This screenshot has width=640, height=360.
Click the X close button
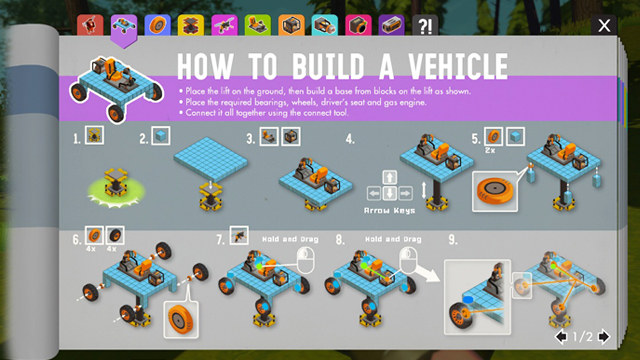point(604,25)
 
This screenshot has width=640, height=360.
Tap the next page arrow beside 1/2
point(604,336)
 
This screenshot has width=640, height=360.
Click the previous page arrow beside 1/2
point(561,336)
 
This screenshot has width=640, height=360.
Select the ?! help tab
point(425,25)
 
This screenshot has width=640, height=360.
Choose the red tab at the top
point(90,25)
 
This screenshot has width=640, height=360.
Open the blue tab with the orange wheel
point(157,25)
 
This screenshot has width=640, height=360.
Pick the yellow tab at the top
point(191,25)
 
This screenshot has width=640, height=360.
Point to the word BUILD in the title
point(328,66)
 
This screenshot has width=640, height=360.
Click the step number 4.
point(350,139)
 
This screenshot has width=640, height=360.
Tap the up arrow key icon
point(389,178)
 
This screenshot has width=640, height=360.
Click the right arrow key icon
point(405,193)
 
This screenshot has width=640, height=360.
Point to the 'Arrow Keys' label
point(389,211)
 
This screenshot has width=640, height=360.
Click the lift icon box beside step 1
point(94,135)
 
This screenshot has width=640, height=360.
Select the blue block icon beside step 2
point(161,136)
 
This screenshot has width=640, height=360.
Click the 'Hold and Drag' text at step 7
point(290,239)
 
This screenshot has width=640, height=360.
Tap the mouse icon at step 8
point(409,260)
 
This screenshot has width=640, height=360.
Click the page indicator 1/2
point(582,337)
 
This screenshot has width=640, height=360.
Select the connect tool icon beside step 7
point(239,236)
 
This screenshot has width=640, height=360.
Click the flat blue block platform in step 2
point(211,159)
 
